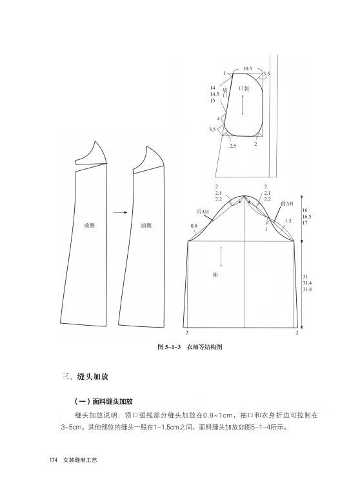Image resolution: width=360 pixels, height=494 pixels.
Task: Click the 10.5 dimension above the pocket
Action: point(248,68)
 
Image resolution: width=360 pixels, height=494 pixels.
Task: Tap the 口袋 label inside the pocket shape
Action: point(244,88)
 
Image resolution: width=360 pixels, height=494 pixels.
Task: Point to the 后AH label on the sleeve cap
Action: point(203,212)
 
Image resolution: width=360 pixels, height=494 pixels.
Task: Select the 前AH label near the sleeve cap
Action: point(286,204)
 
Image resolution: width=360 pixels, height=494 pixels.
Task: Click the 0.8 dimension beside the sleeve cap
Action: point(194,226)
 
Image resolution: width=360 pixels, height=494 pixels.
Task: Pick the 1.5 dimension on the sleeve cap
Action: point(288,221)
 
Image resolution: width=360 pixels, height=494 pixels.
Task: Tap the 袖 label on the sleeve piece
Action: point(215,275)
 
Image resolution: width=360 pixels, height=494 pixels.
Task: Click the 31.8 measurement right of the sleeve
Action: point(307,289)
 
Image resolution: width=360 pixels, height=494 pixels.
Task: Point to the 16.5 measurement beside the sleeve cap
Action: point(307,217)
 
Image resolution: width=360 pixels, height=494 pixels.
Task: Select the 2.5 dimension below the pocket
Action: point(233,146)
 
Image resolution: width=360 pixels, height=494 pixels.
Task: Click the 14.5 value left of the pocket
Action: point(215,94)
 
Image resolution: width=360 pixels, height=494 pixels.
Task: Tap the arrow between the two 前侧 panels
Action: point(120,213)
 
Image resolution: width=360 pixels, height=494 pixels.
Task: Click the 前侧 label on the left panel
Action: point(90,225)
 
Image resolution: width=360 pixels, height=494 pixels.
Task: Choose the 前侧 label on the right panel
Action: point(146,225)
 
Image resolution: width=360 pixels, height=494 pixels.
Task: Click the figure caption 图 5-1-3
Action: point(168,347)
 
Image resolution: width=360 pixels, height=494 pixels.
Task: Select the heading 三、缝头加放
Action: point(85,377)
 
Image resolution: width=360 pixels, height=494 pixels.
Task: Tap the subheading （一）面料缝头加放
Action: point(103,402)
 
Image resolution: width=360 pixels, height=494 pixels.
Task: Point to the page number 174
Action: point(53,460)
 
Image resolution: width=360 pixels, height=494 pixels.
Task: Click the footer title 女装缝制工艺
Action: point(80,460)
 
